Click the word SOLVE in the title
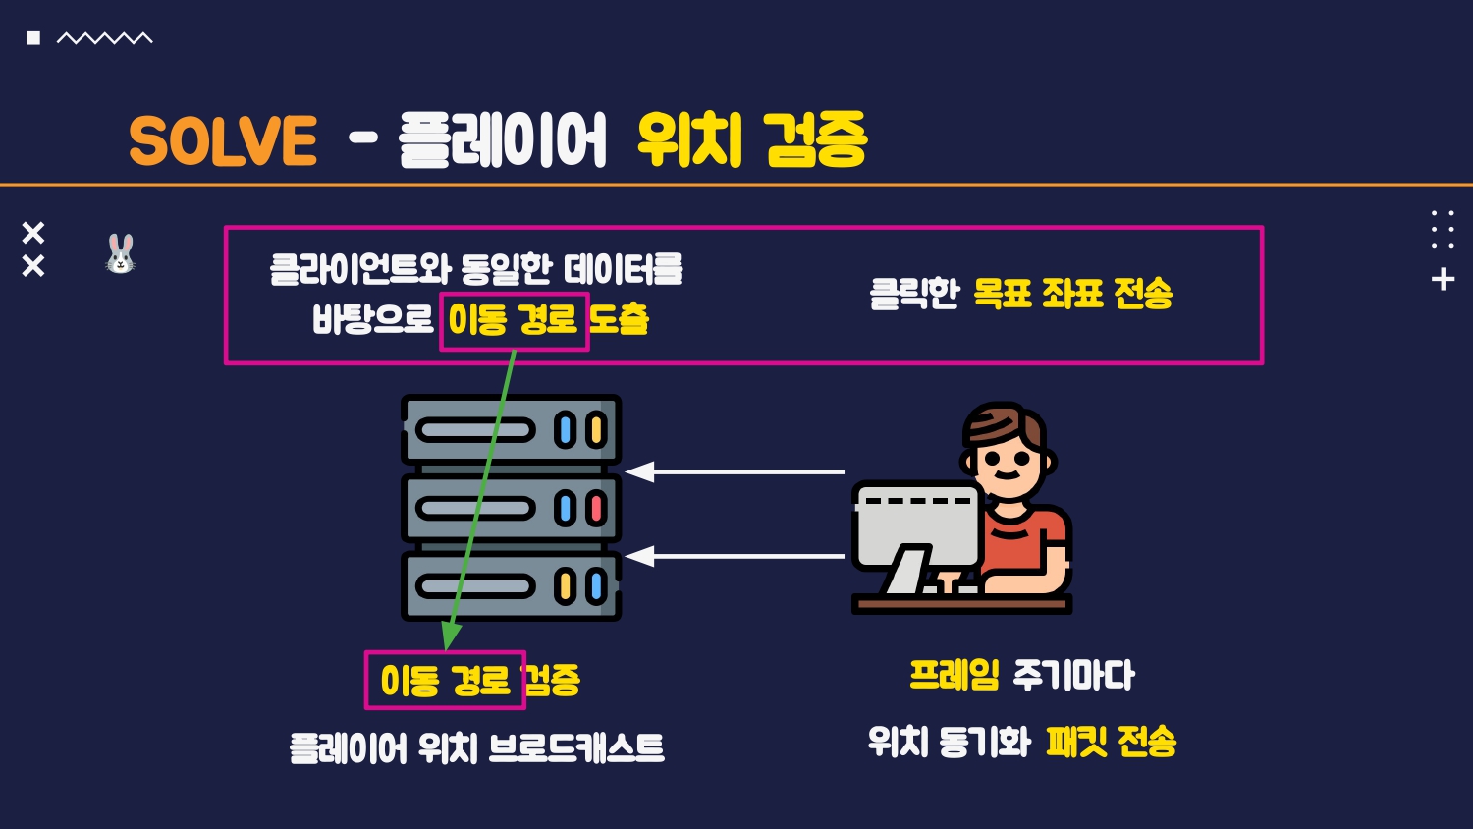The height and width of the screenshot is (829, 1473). click(x=223, y=140)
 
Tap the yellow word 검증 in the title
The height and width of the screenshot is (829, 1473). click(x=815, y=139)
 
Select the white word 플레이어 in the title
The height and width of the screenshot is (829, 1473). click(x=503, y=140)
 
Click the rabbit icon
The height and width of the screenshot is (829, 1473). click(x=121, y=253)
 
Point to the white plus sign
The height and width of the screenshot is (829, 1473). click(x=1443, y=279)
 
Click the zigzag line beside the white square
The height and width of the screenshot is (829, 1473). click(x=104, y=38)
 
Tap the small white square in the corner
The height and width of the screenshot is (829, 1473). click(x=33, y=38)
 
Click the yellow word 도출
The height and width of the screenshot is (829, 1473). click(x=620, y=319)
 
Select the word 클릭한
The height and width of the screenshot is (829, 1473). click(x=913, y=293)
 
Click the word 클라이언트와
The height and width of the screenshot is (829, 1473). click(x=359, y=269)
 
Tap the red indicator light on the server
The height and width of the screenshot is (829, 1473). click(x=596, y=508)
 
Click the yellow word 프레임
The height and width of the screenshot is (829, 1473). click(x=954, y=675)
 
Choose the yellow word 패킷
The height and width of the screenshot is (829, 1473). click(x=1076, y=741)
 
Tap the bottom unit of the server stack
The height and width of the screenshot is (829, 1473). click(x=511, y=586)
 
